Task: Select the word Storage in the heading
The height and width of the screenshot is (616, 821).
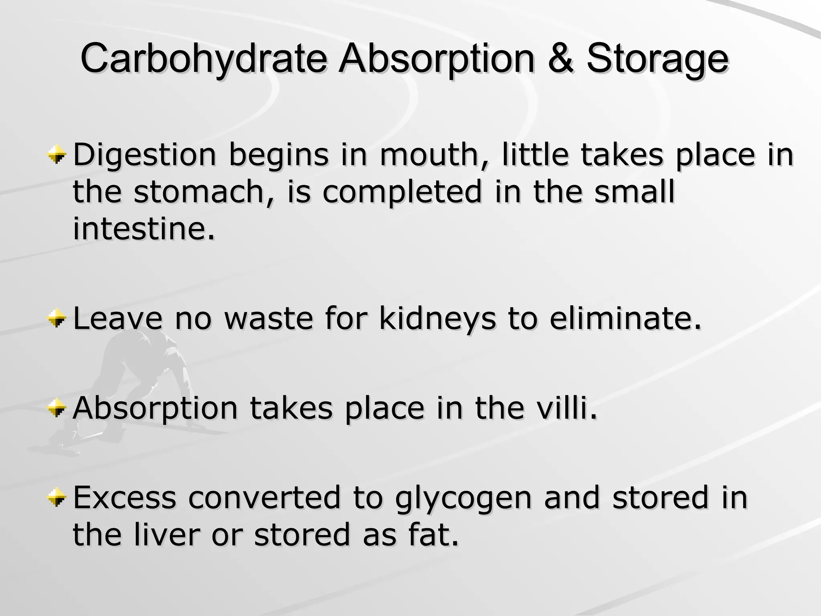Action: (657, 59)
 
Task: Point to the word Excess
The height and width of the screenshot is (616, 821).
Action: (125, 498)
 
